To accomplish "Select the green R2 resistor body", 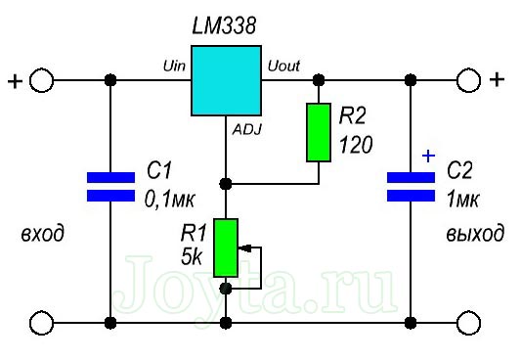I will click(320, 132).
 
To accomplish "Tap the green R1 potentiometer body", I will click(226, 247).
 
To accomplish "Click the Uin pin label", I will click(174, 65).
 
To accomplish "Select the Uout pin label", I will click(283, 65).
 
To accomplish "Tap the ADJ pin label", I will click(246, 128).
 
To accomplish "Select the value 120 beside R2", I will click(357, 147).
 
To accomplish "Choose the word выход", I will click(474, 235).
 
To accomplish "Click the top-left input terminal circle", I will click(42, 80).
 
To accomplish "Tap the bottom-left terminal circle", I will click(42, 321).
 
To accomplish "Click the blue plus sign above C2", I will click(427, 155).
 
